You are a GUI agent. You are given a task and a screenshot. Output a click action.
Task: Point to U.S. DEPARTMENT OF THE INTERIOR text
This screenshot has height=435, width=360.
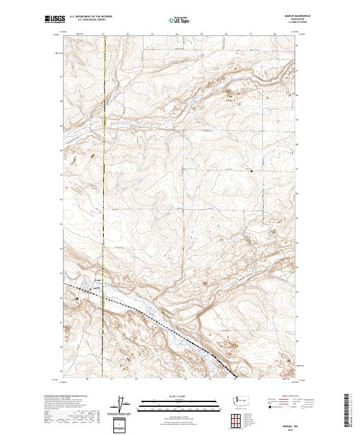[91, 16]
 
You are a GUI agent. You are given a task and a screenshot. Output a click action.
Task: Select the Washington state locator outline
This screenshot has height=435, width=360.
[244, 400]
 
